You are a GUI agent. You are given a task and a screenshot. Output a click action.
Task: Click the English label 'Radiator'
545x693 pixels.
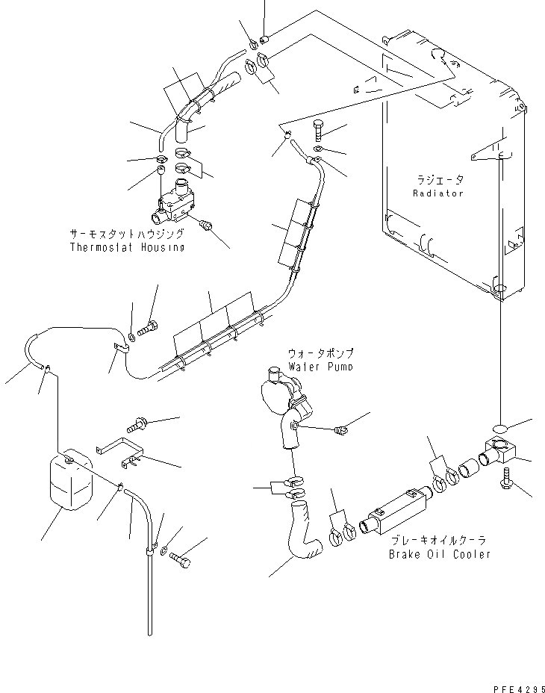click(438, 193)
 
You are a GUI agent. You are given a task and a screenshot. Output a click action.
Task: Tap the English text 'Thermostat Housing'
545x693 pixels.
click(127, 246)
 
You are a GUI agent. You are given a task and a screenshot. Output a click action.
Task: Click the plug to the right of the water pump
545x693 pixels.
click(341, 430)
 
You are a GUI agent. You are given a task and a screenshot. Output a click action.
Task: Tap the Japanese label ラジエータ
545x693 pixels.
click(440, 180)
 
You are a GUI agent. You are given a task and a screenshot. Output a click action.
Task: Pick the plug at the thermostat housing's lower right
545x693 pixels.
click(208, 223)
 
